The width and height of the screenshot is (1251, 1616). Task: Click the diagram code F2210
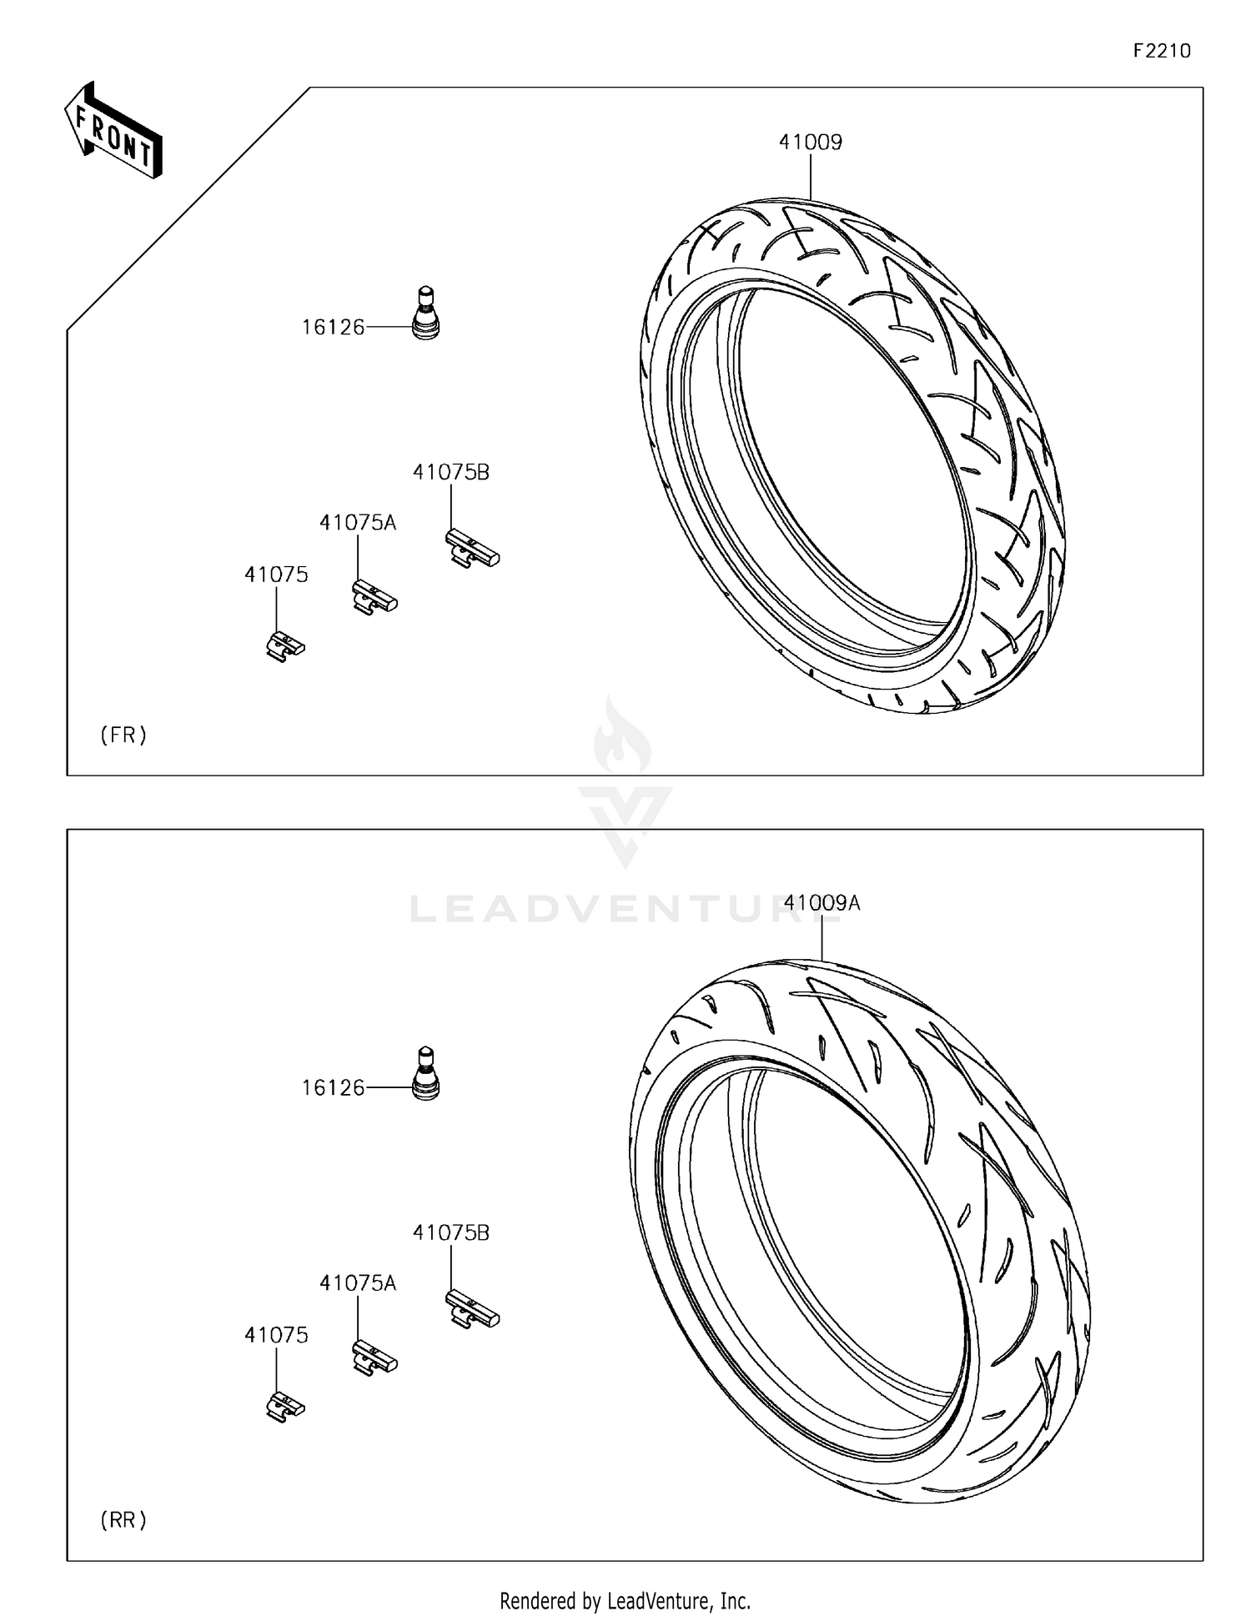tap(1161, 51)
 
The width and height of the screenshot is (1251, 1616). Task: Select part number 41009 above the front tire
tap(810, 143)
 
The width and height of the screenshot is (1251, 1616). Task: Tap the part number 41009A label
tap(821, 902)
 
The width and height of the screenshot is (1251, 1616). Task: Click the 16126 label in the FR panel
tap(333, 328)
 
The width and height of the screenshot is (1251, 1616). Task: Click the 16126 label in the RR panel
tap(333, 1087)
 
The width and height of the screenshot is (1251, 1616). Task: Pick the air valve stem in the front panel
tap(426, 314)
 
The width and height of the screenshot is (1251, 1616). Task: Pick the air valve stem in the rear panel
tap(426, 1074)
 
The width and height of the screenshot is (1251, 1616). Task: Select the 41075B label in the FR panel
tap(450, 472)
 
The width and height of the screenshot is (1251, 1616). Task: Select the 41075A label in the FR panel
tap(357, 523)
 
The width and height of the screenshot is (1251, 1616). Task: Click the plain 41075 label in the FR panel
tap(276, 575)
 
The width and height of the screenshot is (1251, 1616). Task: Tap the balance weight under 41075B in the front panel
tap(471, 549)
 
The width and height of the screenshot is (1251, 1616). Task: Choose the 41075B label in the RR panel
tap(450, 1232)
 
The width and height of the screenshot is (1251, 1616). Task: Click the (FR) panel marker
tap(123, 735)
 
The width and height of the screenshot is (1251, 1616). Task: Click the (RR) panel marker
tap(123, 1520)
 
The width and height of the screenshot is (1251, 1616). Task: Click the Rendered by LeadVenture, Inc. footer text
tap(625, 1600)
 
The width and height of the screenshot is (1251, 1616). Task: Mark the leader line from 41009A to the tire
tap(822, 938)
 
